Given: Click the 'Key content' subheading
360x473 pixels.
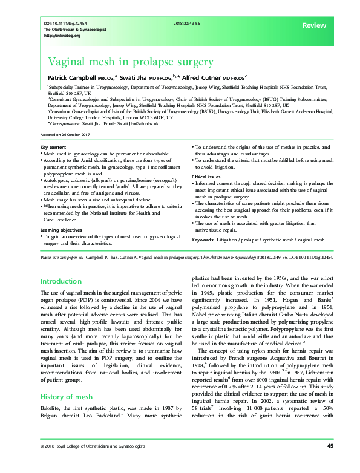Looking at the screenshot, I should [53, 148].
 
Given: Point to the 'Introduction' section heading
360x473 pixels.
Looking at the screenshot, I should [61, 281].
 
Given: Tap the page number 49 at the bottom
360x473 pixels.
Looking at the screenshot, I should [330, 463].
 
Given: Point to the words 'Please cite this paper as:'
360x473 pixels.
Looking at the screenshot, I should [60, 257].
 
